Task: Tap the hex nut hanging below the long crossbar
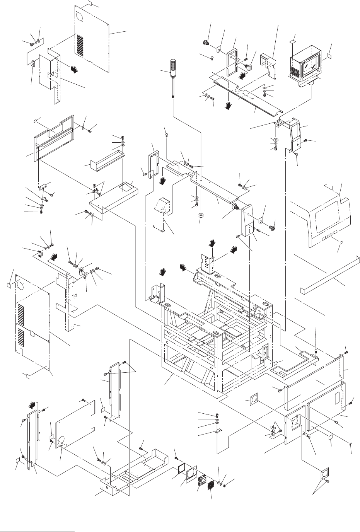200,215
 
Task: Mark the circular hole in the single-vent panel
79,17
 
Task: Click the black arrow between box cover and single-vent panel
72,69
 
